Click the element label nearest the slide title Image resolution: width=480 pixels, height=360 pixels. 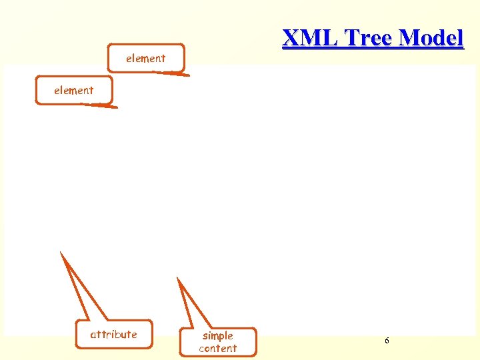(145, 59)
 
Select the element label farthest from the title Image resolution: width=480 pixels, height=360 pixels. (73, 90)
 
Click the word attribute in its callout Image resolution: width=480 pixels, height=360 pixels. (113, 335)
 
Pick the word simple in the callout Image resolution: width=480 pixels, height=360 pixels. (217, 336)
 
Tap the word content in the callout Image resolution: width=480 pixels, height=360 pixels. (217, 348)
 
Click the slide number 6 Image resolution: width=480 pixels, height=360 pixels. (387, 341)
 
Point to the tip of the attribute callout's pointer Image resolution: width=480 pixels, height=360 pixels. (61, 252)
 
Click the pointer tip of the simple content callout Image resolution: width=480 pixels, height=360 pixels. (177, 277)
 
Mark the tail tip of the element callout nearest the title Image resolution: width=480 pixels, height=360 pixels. (189, 76)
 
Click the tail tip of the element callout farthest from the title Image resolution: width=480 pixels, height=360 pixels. (116, 107)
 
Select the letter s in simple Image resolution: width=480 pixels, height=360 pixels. (205, 336)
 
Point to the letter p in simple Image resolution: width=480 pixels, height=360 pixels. (222, 337)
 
